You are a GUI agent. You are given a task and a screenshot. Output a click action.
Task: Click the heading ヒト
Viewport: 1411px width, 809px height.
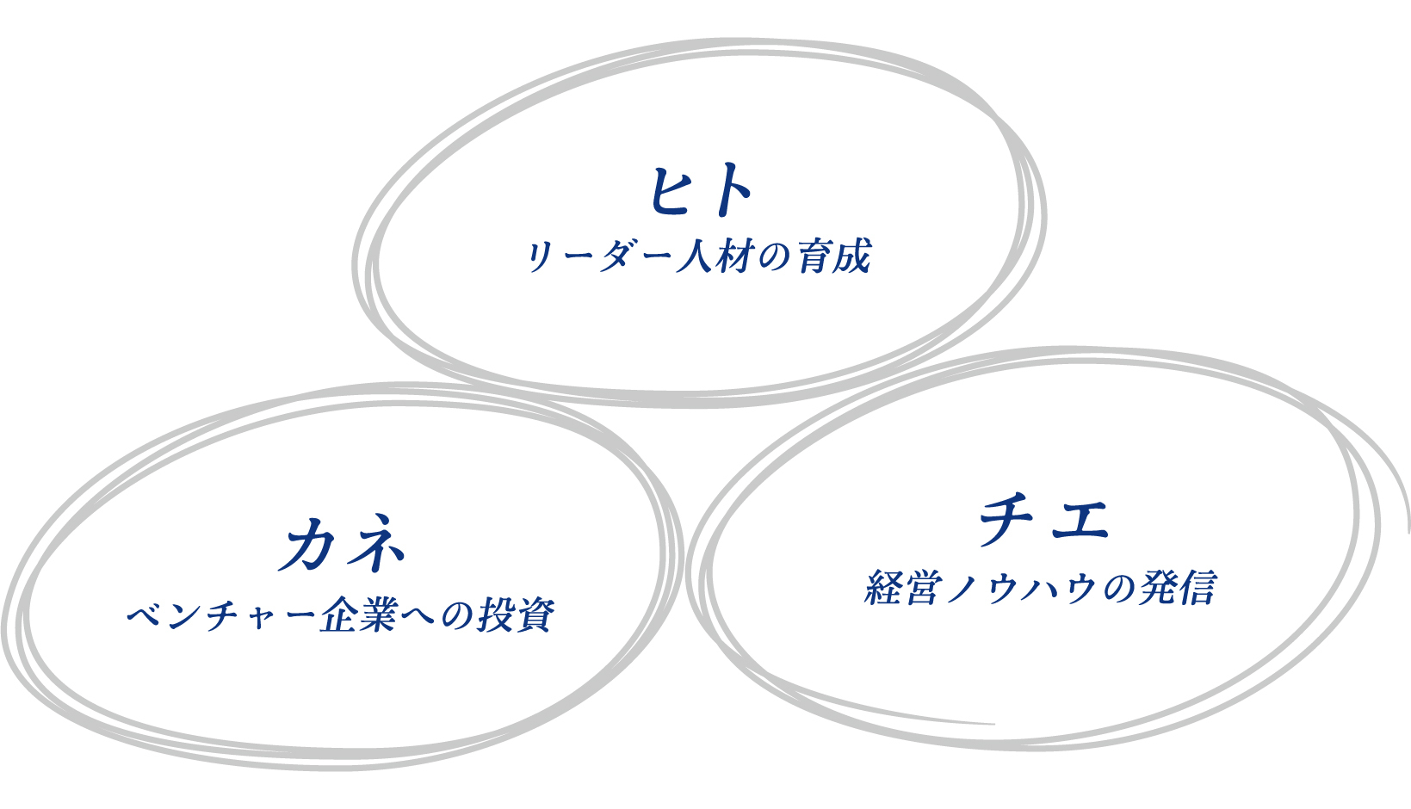[x=701, y=190]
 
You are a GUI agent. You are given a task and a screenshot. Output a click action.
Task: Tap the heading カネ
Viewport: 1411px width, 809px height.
[x=341, y=543]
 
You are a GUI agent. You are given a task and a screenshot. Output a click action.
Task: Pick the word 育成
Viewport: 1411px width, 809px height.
[x=834, y=256]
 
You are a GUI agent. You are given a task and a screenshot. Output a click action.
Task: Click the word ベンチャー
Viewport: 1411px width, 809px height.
[x=220, y=614]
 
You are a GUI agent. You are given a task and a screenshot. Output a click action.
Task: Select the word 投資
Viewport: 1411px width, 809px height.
[x=517, y=614]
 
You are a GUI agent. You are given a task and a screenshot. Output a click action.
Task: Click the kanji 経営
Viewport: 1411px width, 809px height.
[x=903, y=588]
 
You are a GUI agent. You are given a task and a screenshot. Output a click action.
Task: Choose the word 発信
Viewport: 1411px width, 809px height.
[x=1177, y=588]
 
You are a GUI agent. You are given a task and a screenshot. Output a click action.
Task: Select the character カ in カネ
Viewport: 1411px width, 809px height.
[x=307, y=544]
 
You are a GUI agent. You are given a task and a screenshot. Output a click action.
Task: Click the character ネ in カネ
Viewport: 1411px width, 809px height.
[x=374, y=543]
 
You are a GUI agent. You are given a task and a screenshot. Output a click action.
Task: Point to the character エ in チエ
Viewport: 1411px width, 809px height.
[x=1080, y=522]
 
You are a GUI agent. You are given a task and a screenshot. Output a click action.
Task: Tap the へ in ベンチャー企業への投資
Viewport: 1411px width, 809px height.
[x=419, y=614]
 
